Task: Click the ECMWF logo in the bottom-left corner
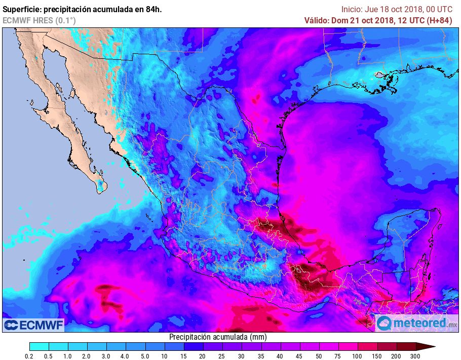point(33,325)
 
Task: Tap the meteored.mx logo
point(417,323)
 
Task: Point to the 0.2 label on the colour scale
point(29,356)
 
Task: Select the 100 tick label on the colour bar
point(358,356)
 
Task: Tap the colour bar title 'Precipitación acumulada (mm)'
point(218,337)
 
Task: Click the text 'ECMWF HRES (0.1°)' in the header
point(39,20)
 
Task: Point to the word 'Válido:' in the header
point(317,20)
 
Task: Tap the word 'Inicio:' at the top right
point(353,9)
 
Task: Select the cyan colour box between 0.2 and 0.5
point(39,346)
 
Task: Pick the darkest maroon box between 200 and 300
point(406,346)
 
